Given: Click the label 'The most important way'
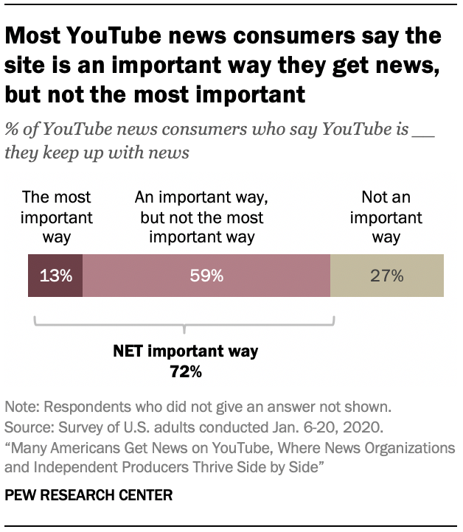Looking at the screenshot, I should (x=57, y=217).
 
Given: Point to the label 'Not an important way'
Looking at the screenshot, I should (x=386, y=217).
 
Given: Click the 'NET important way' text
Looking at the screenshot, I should (x=185, y=351).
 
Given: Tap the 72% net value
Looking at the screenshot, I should (x=186, y=371).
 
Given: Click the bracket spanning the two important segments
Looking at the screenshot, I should (x=184, y=323).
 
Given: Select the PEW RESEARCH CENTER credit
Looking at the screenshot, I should (x=88, y=496).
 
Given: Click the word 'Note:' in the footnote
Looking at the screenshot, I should (x=21, y=407).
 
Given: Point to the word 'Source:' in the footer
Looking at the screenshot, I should (x=28, y=427).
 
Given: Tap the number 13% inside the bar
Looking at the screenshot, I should (x=55, y=276).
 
